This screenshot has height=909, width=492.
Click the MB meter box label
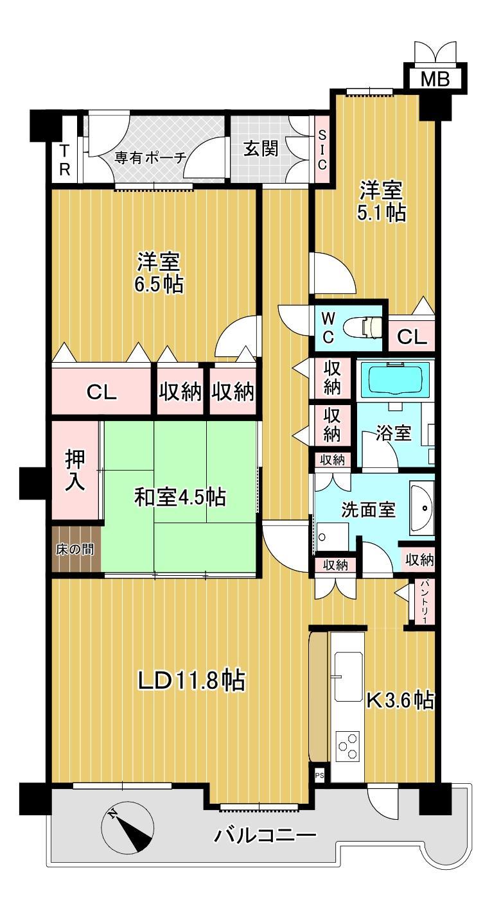coord(435,79)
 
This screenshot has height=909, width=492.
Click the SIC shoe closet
coord(322,150)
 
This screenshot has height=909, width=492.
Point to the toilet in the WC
coord(362,327)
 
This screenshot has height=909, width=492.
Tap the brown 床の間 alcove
coord(76,550)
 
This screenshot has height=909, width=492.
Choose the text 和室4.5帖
coord(180,497)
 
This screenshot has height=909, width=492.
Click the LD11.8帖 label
coord(191,681)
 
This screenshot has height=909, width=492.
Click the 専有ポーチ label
coord(150,157)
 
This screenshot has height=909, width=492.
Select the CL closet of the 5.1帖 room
coord(412,336)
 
